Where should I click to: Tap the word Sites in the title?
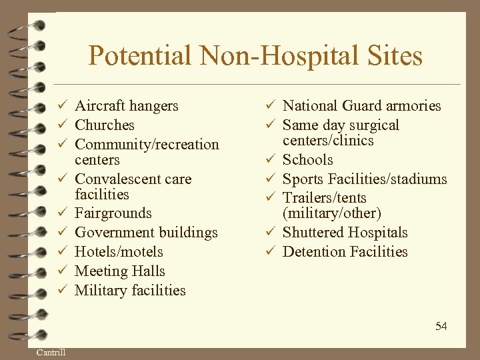pos(394,55)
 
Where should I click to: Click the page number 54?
pos(441,326)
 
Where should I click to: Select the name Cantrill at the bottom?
pos(51,352)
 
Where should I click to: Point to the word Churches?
pos(105,125)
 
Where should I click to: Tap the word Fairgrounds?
pos(113,213)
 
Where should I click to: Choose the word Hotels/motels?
pos(119,252)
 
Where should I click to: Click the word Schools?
pos(307,160)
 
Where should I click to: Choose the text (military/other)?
pos(332,213)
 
